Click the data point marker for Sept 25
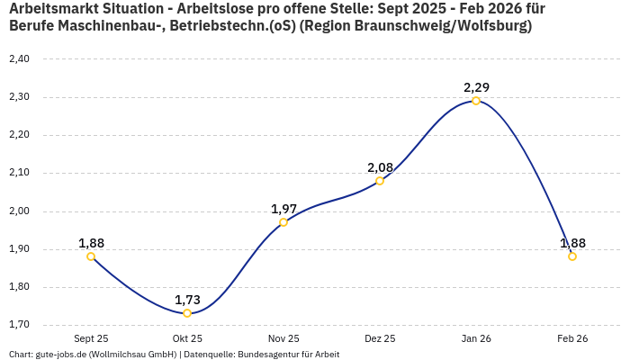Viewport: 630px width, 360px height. pos(91,256)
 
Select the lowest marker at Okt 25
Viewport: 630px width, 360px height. pos(187,313)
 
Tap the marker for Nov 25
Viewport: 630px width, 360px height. pos(283,222)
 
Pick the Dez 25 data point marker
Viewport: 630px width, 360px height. pos(380,181)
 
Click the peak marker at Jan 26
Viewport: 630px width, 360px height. pos(476,101)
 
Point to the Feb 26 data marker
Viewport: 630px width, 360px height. pos(572,256)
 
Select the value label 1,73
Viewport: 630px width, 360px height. pos(187,300)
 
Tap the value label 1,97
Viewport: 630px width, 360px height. pos(283,209)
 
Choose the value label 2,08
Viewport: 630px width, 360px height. pos(380,167)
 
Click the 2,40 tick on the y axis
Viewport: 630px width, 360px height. pos(18,59)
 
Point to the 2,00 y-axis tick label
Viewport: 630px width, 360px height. pos(18,211)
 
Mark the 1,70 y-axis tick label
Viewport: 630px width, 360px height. pos(18,325)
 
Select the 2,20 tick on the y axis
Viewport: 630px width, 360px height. pos(18,135)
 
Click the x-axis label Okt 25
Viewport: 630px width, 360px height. pos(187,338)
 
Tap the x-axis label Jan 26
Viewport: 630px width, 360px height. pos(476,338)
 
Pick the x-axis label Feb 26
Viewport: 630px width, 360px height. pos(572,338)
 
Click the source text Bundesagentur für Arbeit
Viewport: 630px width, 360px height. pos(288,354)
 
